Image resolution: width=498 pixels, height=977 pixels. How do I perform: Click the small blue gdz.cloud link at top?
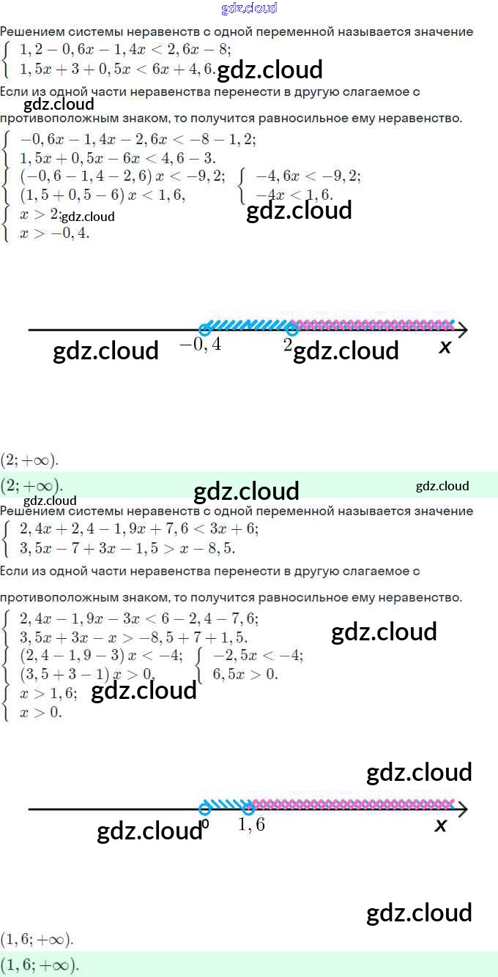click(x=249, y=9)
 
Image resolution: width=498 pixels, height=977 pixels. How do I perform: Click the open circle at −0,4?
click(x=205, y=329)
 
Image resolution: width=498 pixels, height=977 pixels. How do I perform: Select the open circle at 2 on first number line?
click(x=291, y=329)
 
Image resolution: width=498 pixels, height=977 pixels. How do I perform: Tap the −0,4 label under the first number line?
click(x=201, y=344)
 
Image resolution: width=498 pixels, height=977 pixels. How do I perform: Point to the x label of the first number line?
click(x=445, y=347)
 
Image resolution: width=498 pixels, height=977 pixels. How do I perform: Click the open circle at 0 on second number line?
click(x=205, y=809)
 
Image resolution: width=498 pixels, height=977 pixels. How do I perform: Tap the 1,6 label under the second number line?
click(x=252, y=825)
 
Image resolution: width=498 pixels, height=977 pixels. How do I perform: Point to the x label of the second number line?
click(x=441, y=826)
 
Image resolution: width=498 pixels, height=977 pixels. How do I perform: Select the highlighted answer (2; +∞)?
click(x=31, y=485)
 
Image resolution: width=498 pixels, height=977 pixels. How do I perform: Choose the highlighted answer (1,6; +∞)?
click(x=40, y=965)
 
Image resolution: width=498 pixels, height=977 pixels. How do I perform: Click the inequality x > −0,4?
click(x=55, y=233)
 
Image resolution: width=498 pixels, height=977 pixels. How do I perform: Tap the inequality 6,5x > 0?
click(x=245, y=674)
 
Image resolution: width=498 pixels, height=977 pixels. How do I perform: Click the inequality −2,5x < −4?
click(x=257, y=656)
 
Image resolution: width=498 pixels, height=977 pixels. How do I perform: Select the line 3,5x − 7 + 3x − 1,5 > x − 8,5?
click(x=127, y=547)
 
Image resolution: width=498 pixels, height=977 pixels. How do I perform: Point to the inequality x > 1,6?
click(x=48, y=693)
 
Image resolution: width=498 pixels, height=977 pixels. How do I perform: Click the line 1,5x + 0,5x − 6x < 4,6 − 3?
click(x=117, y=158)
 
